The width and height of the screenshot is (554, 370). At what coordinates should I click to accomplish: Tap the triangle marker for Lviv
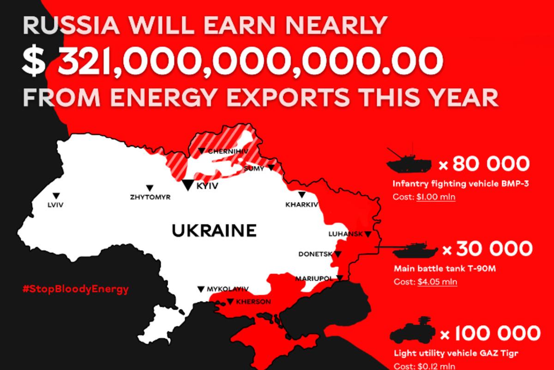click(56, 195)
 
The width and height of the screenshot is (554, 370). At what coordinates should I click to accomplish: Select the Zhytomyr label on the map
click(151, 197)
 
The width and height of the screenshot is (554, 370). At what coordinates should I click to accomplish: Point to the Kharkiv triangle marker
click(301, 195)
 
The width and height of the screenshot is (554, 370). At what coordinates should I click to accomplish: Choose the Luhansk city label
click(345, 234)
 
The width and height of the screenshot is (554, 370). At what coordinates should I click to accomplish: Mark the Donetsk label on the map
click(316, 254)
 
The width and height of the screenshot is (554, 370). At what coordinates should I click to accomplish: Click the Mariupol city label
click(314, 278)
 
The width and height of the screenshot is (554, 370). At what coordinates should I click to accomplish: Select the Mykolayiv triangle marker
click(201, 289)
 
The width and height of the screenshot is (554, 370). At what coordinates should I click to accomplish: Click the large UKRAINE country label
click(214, 230)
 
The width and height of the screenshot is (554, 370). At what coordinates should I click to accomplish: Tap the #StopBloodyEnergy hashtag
click(75, 289)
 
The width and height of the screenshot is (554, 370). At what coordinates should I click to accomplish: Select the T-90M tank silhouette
click(414, 250)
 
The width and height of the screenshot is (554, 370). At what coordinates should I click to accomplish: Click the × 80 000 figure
click(483, 164)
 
